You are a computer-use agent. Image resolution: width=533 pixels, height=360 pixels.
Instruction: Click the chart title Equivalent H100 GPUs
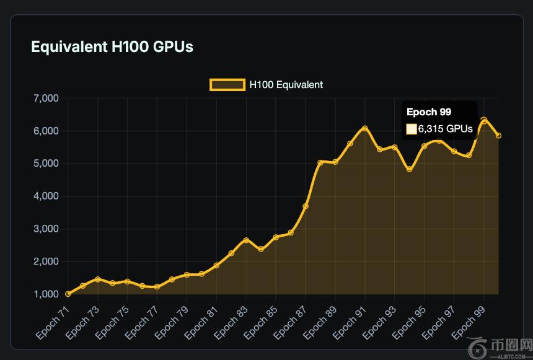pos(112,46)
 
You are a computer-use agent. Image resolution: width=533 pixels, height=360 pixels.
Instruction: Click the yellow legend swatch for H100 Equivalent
pos(227,85)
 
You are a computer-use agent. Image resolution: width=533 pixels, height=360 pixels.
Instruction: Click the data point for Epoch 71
pos(68,294)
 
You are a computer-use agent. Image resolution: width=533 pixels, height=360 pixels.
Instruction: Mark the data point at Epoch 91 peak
pos(365,128)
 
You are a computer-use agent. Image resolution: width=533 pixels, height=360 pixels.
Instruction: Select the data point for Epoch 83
pos(246,240)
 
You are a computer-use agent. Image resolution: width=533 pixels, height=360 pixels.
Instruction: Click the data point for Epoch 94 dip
pos(410,169)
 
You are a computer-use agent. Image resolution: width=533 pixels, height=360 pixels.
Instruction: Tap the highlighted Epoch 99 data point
pos(484,120)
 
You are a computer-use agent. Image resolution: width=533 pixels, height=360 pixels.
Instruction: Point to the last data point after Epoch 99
pos(498,136)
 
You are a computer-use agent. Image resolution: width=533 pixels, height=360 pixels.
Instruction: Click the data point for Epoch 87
pos(306,206)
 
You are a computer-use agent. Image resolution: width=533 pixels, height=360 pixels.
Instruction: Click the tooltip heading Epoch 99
pos(429,112)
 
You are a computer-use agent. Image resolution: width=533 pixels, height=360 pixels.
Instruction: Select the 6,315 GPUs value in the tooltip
pos(445,129)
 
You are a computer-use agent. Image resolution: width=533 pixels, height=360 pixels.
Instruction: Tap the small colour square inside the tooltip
pos(412,129)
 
